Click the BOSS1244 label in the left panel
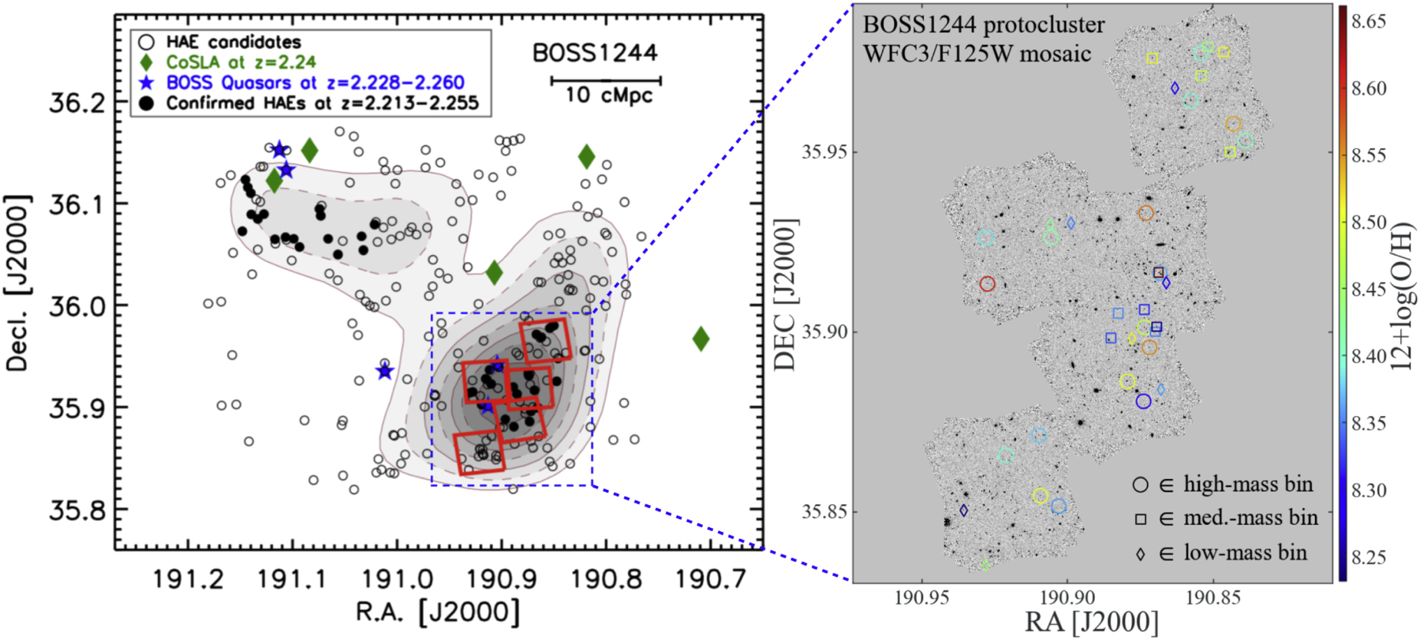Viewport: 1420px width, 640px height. [595, 53]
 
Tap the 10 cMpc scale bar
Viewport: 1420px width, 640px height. [605, 80]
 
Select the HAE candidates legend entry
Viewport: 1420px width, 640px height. [233, 42]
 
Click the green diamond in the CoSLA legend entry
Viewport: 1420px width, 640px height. [146, 62]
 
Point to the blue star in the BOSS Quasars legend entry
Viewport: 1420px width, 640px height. [146, 82]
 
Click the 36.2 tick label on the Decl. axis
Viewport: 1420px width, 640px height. [77, 103]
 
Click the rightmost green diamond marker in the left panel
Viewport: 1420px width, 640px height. [701, 339]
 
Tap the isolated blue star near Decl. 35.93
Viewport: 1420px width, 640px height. [384, 371]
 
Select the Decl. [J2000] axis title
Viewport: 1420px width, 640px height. [17, 283]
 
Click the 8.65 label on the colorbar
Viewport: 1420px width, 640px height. [1369, 22]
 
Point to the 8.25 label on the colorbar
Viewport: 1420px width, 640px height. [1369, 558]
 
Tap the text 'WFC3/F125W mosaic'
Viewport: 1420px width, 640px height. [977, 54]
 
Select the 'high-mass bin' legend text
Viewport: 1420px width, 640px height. [1248, 484]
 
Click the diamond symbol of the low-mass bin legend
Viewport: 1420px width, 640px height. [1141, 554]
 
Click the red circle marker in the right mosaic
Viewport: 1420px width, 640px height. [988, 284]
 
